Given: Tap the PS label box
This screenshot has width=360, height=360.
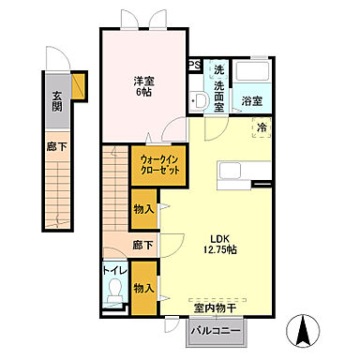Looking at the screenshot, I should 195,65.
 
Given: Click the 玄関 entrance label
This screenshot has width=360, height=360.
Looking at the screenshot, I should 55,99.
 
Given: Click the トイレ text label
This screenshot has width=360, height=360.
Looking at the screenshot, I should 113,275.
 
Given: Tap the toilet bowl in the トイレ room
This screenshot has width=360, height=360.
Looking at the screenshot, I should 114,298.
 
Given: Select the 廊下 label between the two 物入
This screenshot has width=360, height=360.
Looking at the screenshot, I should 143,246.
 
